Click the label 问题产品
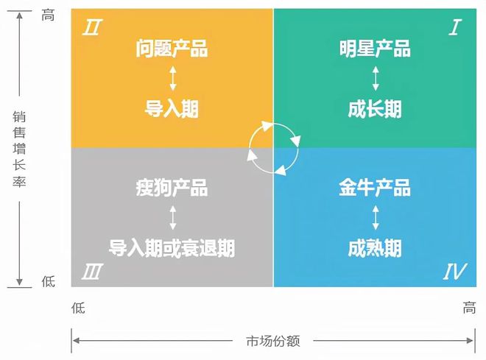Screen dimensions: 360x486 172,49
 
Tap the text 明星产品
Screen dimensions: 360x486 375,49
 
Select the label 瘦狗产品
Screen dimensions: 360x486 172,187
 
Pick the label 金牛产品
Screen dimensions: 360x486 375,187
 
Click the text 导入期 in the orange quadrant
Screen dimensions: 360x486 172,109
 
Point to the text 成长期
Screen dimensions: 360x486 375,109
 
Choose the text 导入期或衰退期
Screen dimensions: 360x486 172,247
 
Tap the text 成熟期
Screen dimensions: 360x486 375,247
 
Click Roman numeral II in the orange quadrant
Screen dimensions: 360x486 93,28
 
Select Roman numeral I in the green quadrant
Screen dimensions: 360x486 454,28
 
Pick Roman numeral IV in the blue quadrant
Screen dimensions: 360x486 454,273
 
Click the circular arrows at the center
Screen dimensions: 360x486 273,148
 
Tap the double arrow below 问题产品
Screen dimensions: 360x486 172,79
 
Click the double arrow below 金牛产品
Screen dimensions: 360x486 376,217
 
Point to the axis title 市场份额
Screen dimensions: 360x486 273,341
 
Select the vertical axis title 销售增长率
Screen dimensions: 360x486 20,149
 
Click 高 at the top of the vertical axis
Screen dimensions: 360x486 48,13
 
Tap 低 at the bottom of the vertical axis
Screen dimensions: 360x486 48,281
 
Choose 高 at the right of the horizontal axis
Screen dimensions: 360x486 469,308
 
